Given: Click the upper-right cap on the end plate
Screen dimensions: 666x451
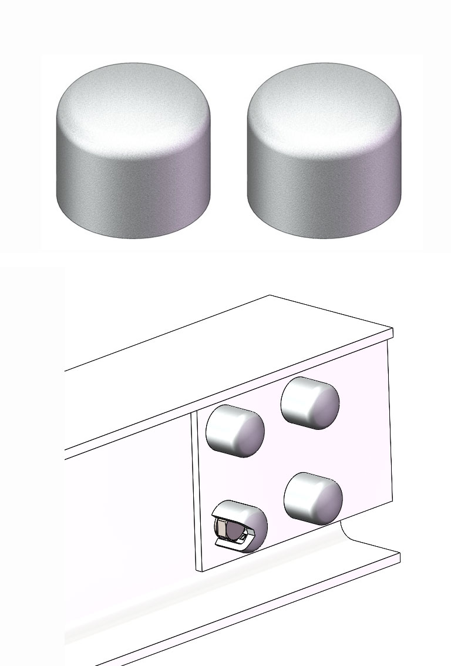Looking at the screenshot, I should point(310,403).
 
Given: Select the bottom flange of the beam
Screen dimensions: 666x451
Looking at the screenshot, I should point(235,611).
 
